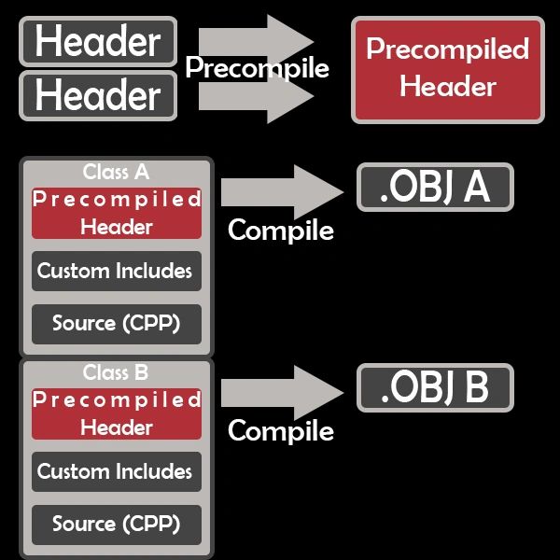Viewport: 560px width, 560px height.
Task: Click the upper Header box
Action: (x=98, y=41)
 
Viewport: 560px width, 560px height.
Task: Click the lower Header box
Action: (x=98, y=95)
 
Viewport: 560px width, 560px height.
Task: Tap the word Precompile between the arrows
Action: (x=257, y=68)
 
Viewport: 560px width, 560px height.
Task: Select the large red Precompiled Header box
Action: (x=448, y=70)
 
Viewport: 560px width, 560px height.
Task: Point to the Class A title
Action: (x=116, y=172)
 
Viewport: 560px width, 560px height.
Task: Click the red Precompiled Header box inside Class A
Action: (x=117, y=213)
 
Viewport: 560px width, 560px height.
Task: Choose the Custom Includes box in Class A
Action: (x=117, y=271)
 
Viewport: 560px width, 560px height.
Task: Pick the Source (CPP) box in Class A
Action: (x=117, y=324)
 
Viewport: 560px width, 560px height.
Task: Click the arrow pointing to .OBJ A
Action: (x=282, y=192)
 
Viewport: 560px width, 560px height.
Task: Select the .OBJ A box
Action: (x=435, y=188)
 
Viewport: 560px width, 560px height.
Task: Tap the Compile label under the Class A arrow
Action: (x=281, y=231)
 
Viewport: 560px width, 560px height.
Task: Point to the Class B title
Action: (x=116, y=372)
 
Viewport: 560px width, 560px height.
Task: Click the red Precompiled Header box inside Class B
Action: (x=117, y=413)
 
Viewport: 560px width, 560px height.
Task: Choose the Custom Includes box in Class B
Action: (x=117, y=471)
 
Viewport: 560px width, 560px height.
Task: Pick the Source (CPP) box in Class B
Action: (x=117, y=525)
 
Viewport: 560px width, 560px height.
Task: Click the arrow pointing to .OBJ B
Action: (x=282, y=393)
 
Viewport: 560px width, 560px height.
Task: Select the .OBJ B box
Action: (x=435, y=388)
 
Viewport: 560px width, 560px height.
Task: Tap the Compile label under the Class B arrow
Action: (x=281, y=431)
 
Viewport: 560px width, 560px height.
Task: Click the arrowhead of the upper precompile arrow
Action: (x=290, y=42)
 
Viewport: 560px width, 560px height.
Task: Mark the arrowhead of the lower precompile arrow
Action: (x=290, y=96)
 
